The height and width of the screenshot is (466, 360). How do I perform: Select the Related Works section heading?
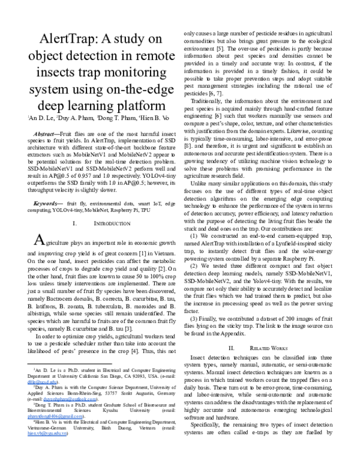click(271, 348)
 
